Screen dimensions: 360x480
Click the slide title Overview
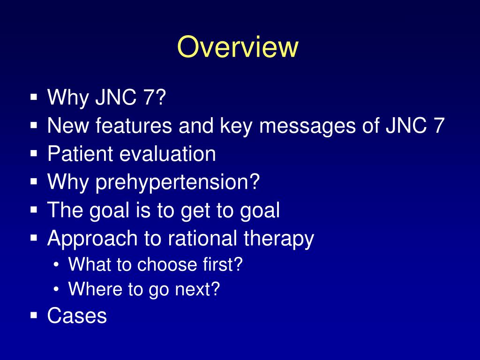(238, 47)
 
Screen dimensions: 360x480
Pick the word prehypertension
(177, 182)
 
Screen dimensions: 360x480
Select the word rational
(203, 239)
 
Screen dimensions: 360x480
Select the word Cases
(77, 316)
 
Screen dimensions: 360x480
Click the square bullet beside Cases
(34, 315)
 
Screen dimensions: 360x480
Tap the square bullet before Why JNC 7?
(34, 98)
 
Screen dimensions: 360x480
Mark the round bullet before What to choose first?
(56, 265)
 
